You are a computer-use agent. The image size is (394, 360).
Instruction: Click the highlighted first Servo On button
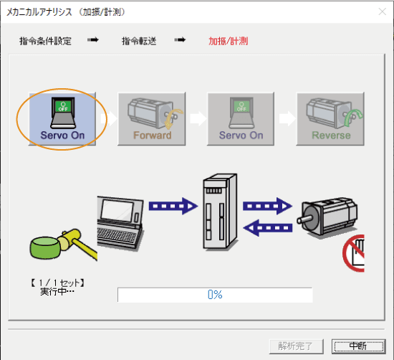pyautogui.click(x=62, y=117)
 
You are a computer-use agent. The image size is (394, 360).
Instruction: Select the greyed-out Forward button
pyautogui.click(x=151, y=117)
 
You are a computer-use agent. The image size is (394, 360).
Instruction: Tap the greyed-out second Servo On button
pyautogui.click(x=241, y=117)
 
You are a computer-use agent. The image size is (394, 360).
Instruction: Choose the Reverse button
pyautogui.click(x=330, y=117)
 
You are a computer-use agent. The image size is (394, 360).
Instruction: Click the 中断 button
pyautogui.click(x=357, y=346)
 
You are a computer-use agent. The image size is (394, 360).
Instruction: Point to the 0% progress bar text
pyautogui.click(x=215, y=295)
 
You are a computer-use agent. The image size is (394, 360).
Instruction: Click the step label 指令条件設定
pyautogui.click(x=46, y=41)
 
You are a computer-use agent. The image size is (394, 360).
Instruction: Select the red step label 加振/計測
pyautogui.click(x=229, y=41)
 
